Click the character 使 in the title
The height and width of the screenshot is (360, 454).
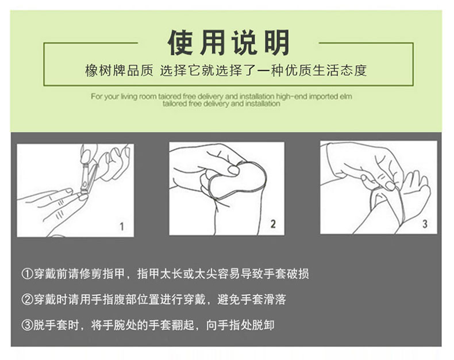(180, 43)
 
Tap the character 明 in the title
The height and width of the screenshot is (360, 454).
(276, 43)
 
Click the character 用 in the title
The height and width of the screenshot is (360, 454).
(213, 43)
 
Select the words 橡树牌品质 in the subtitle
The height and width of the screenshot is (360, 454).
(119, 70)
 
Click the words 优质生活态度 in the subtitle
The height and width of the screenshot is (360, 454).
(326, 70)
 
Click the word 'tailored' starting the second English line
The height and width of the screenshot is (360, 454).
(174, 104)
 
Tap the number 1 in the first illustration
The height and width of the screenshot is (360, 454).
(122, 226)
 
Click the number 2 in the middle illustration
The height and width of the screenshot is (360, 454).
(273, 224)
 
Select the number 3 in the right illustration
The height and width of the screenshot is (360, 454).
(425, 224)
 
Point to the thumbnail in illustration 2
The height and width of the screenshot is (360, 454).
(233, 170)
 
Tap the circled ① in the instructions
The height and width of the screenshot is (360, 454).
(27, 274)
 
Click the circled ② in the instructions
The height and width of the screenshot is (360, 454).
(27, 300)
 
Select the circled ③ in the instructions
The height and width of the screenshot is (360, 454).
(27, 325)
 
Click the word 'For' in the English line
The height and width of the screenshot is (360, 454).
(97, 97)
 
